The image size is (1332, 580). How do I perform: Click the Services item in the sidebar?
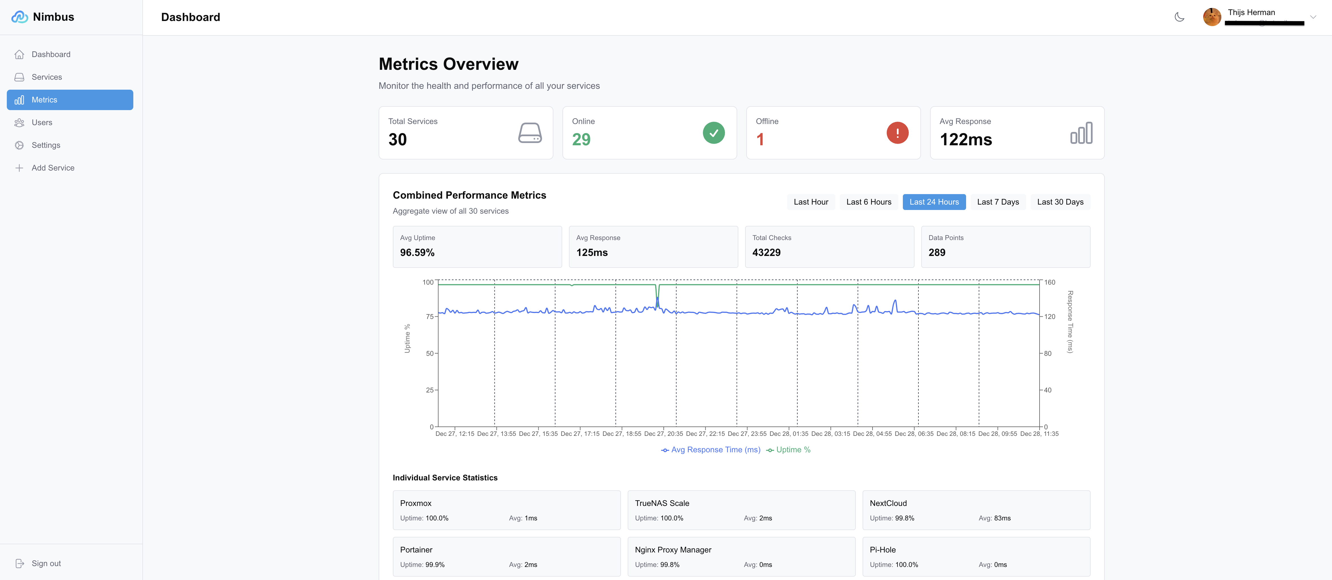[47, 77]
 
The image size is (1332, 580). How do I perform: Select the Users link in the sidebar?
[42, 123]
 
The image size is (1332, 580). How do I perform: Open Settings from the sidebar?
[45, 145]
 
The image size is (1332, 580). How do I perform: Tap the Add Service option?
[53, 168]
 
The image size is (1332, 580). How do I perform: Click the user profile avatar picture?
[1211, 17]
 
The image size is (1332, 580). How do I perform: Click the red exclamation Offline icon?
[897, 133]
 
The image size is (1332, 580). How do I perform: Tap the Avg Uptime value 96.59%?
[417, 253]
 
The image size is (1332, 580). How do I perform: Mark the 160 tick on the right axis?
[1049, 283]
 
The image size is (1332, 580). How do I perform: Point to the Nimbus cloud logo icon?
[20, 17]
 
